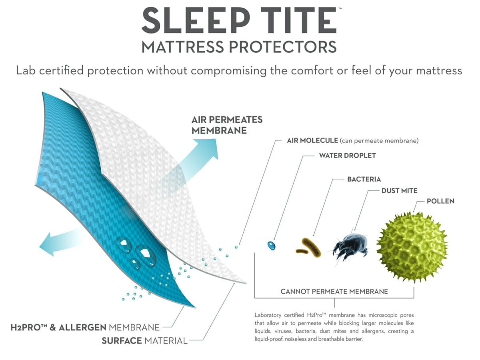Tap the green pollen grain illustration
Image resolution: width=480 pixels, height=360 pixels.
[x=412, y=246]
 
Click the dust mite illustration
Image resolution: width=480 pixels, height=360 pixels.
[x=350, y=246]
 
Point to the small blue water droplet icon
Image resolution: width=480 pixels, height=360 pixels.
[x=271, y=246]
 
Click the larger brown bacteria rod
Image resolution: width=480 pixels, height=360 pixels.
[x=311, y=247]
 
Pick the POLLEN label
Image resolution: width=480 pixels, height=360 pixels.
[x=440, y=201]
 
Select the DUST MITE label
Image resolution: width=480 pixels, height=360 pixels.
[x=399, y=191]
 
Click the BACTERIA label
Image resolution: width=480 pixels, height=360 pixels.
[x=364, y=179]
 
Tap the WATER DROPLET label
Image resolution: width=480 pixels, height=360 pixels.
[x=348, y=156]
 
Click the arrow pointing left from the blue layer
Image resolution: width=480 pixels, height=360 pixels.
[x=60, y=243]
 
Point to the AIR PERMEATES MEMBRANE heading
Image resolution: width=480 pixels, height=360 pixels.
[x=227, y=125]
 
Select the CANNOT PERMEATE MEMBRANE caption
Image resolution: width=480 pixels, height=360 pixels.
[x=334, y=291]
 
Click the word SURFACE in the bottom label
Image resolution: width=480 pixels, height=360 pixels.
[x=122, y=340]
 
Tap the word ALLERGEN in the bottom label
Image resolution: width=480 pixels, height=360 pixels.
[x=83, y=328]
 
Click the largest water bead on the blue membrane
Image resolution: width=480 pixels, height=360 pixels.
[x=146, y=256]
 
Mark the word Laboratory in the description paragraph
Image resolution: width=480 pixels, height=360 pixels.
[x=268, y=315]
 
